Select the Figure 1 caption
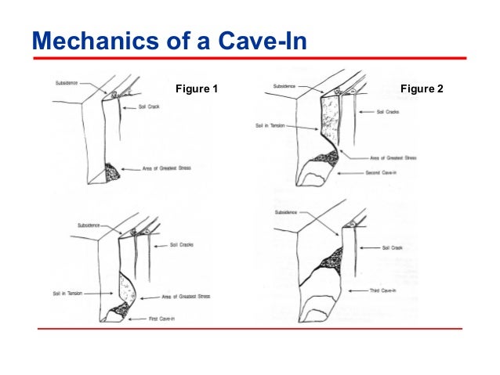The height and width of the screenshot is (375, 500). point(197,89)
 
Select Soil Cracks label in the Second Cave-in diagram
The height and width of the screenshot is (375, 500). point(390,112)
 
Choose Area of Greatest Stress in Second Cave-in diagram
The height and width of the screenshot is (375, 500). point(393,158)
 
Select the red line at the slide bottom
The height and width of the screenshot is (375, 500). point(249,329)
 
